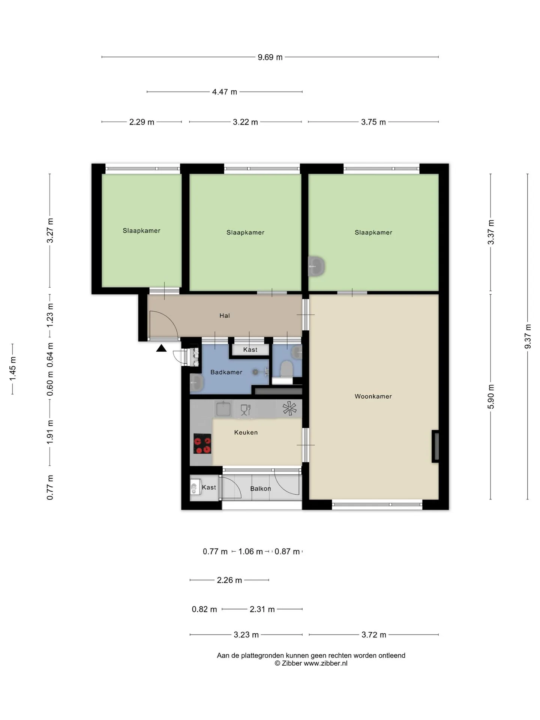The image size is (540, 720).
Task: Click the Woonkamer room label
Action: point(373,396)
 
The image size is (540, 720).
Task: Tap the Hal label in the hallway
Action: point(225,316)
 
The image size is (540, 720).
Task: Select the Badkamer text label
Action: point(226,372)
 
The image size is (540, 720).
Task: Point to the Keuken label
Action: point(246,432)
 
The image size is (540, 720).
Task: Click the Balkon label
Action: point(261,489)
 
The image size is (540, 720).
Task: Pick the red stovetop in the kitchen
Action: point(202,444)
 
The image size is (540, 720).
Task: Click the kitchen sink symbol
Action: point(223,408)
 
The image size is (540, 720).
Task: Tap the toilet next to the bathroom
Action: point(287,369)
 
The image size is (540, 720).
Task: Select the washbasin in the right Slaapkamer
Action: point(316,266)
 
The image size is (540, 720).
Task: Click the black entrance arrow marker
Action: point(161,348)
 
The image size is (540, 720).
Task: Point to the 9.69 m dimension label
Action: point(270,57)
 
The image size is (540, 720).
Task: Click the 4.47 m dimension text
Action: point(225,92)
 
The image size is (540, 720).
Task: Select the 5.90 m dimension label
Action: point(491,397)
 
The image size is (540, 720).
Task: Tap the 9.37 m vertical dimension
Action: point(528,336)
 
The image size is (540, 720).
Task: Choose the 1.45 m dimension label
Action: point(13,369)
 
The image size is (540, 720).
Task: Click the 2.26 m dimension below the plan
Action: point(229,580)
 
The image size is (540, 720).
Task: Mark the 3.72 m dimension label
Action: point(374,635)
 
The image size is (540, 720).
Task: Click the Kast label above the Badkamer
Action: point(250,350)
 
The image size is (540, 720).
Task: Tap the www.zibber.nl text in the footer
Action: point(325,663)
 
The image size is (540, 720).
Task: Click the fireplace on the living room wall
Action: point(435,446)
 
